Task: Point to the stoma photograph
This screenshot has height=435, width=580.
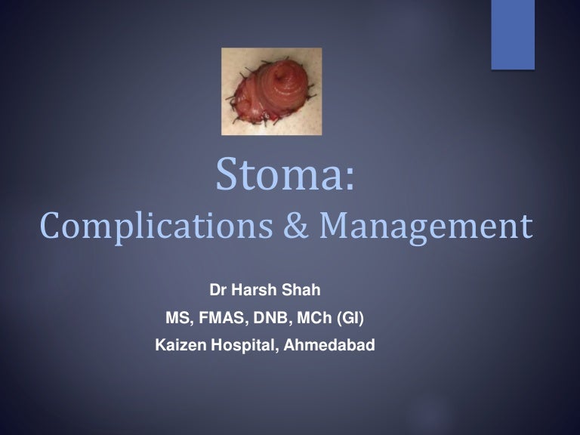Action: click(x=271, y=91)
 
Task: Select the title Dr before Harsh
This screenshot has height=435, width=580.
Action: click(x=217, y=291)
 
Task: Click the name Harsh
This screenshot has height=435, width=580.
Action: click(x=251, y=291)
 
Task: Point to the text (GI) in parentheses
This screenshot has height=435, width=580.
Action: click(x=353, y=319)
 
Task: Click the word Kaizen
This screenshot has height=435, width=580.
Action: click(x=179, y=346)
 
